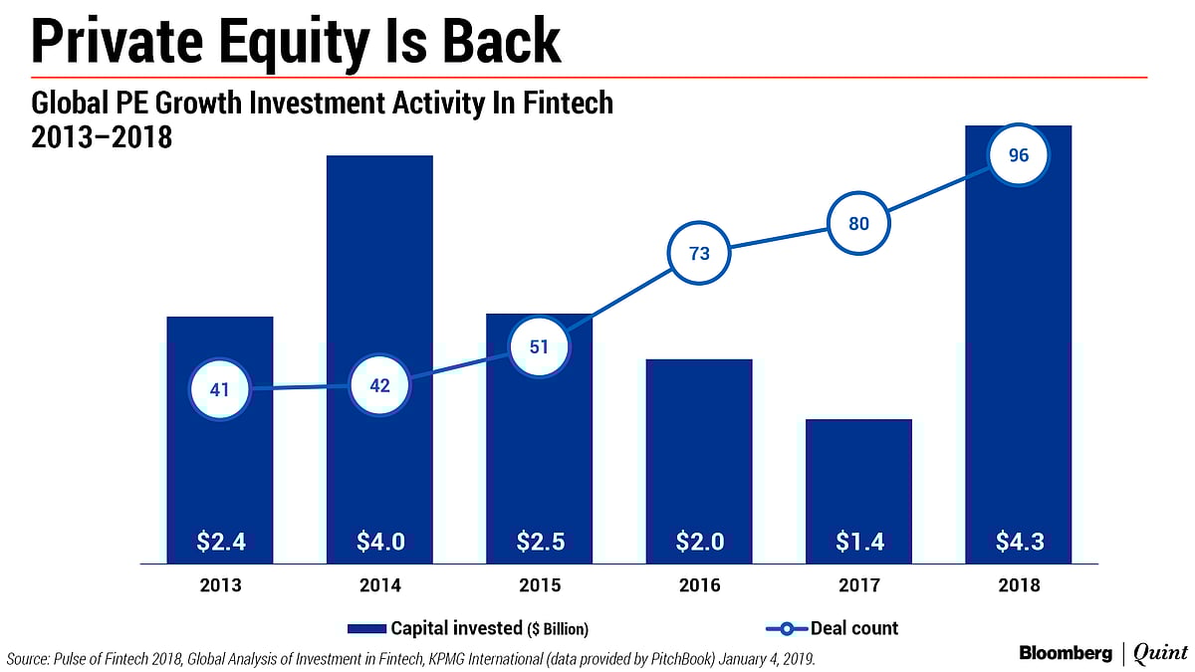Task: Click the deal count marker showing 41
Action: (x=220, y=389)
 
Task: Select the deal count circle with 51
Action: (x=539, y=347)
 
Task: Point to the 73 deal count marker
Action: (x=699, y=253)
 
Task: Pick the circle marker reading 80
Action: (x=858, y=224)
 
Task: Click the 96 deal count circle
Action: (x=1018, y=155)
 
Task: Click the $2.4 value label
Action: (x=220, y=542)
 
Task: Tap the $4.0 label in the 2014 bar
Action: (x=379, y=542)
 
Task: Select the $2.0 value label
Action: (x=699, y=542)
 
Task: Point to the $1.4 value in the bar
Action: (x=858, y=542)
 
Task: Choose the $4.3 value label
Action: (x=1018, y=542)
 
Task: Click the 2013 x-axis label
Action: (x=220, y=585)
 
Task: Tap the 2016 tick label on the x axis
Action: (x=699, y=585)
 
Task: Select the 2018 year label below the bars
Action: (x=1018, y=585)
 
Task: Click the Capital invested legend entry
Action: (x=468, y=628)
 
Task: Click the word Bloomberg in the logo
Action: (x=1066, y=653)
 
